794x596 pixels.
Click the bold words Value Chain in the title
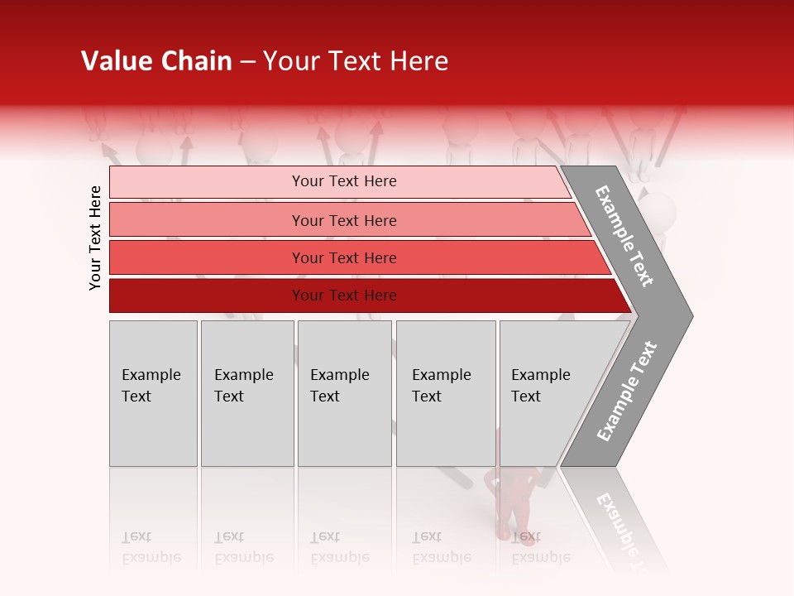click(x=156, y=61)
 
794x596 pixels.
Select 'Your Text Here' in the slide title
click(x=356, y=61)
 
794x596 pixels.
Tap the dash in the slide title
click(x=247, y=62)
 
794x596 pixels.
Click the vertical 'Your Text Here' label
click(x=95, y=238)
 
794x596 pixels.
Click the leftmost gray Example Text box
click(x=153, y=393)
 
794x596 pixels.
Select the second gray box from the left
click(x=247, y=393)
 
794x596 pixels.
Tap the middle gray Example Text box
click(x=344, y=393)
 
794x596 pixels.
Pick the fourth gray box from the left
click(x=446, y=393)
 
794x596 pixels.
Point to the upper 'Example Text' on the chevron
click(x=624, y=236)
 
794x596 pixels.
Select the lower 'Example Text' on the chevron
click(x=627, y=391)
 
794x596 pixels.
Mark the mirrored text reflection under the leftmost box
click(x=151, y=547)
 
